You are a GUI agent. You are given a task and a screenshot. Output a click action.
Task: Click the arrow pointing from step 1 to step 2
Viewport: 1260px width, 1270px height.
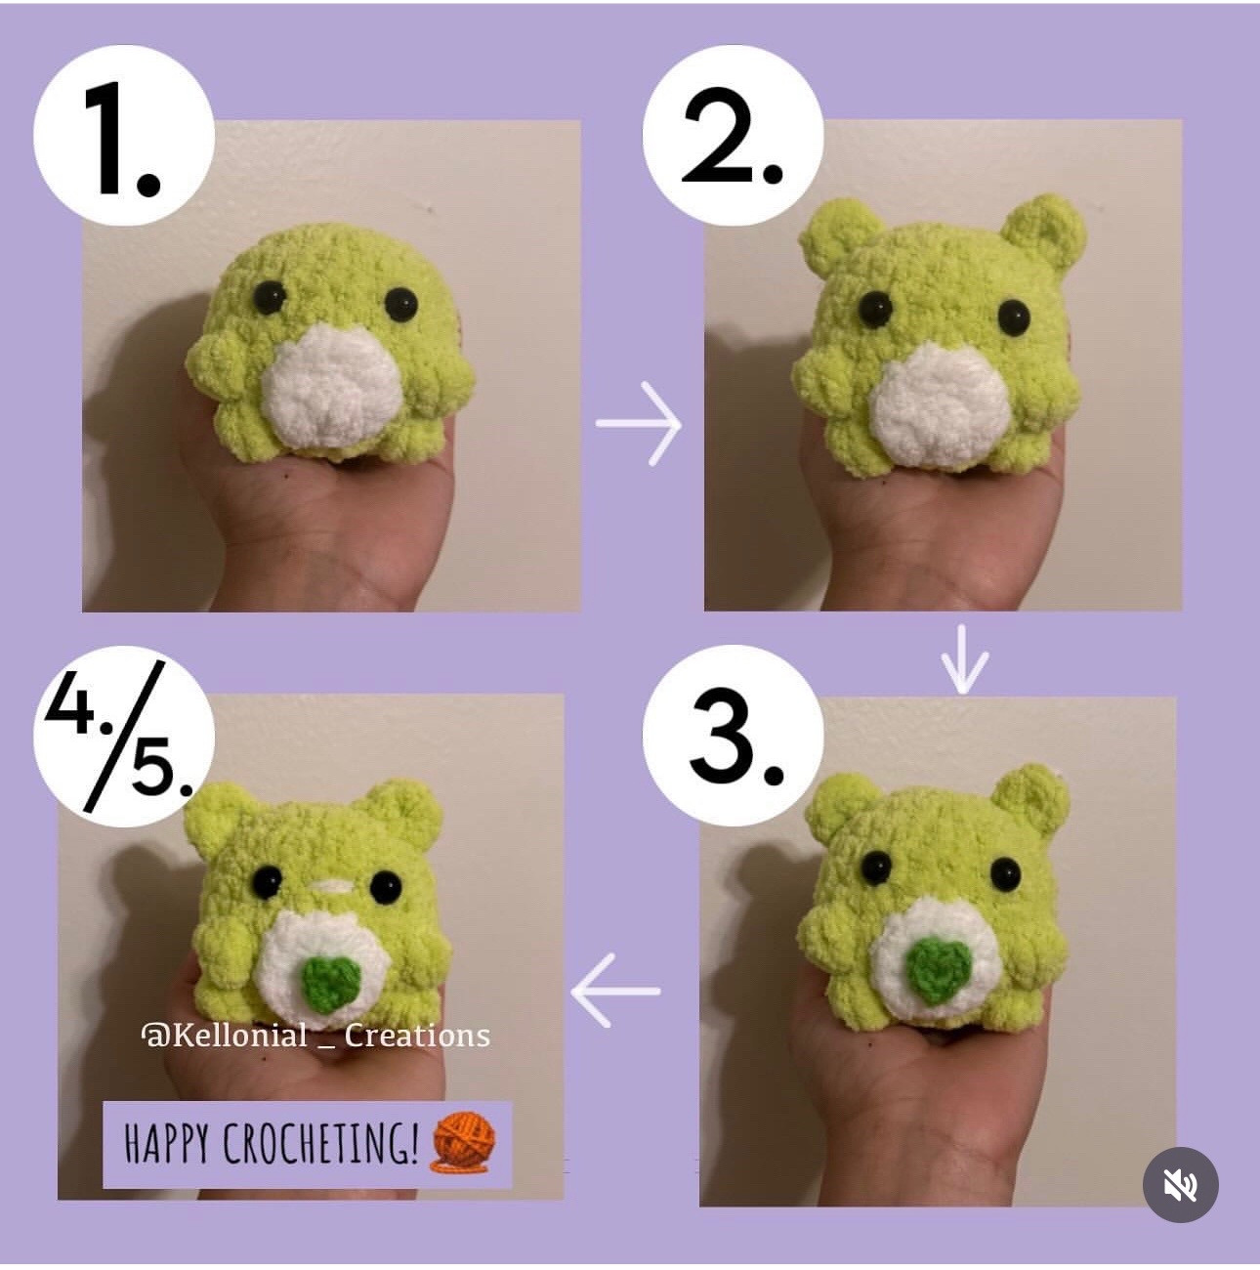[x=640, y=424]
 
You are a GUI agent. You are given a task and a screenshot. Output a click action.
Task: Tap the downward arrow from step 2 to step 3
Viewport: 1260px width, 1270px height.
[x=964, y=660]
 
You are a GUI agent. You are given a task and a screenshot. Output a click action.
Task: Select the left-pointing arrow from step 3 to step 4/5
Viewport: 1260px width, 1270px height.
[x=615, y=990]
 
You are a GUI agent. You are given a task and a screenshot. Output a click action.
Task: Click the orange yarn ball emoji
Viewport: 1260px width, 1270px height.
[x=464, y=1140]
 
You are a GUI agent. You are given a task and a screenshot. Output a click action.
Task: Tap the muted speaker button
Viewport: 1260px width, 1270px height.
[x=1180, y=1184]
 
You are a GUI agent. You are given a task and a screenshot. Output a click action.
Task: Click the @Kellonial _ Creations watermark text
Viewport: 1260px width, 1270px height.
[x=315, y=1035]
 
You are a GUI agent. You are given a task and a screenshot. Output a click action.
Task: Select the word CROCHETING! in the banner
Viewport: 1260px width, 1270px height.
[x=321, y=1144]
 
